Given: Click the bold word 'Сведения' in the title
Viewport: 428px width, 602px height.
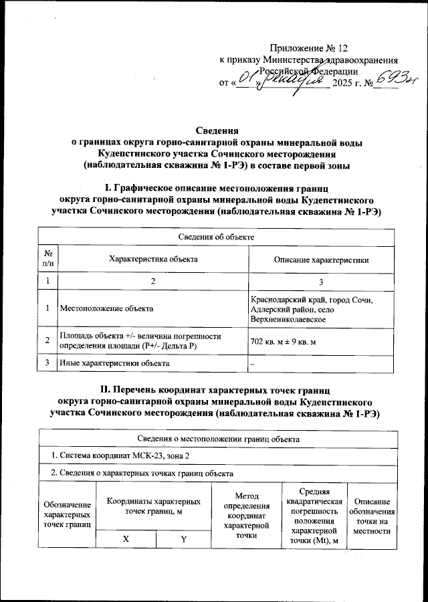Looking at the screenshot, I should click(217, 131).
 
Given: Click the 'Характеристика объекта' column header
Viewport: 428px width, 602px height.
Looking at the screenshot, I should click(153, 260).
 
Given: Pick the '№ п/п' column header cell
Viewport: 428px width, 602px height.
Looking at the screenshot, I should click(48, 260).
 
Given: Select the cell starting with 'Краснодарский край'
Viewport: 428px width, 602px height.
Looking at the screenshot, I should click(318, 309).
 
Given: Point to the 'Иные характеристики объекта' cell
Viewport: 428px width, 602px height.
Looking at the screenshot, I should click(114, 363).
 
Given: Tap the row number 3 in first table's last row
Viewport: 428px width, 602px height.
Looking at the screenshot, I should click(48, 363).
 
